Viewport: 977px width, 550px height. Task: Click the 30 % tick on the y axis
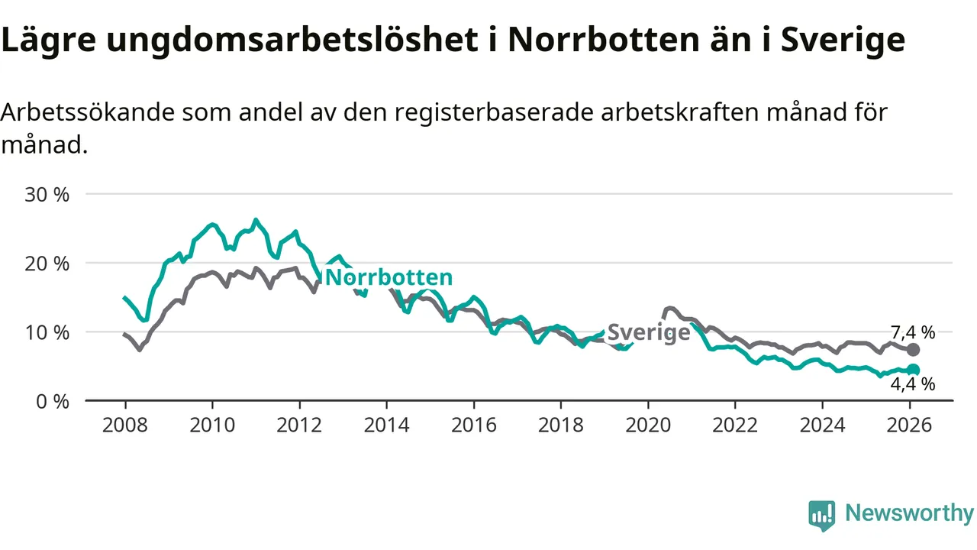click(x=47, y=194)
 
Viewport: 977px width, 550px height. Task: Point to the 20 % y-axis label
click(x=47, y=263)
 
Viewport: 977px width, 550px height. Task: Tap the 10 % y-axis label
click(x=47, y=332)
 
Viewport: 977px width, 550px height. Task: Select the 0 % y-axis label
click(x=52, y=401)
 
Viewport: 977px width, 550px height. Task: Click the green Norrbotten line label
click(x=389, y=277)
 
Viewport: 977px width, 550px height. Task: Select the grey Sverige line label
click(x=648, y=332)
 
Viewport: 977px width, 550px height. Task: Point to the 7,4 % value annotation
click(x=913, y=332)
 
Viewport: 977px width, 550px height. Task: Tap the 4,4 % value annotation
click(x=913, y=384)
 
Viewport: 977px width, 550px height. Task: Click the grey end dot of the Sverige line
click(x=913, y=350)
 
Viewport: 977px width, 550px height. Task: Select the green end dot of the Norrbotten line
click(x=913, y=370)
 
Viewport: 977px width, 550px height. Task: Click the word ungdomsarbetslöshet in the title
click(x=291, y=40)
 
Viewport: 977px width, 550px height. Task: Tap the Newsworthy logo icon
click(x=822, y=516)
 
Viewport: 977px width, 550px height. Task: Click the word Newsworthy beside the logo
click(x=909, y=513)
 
